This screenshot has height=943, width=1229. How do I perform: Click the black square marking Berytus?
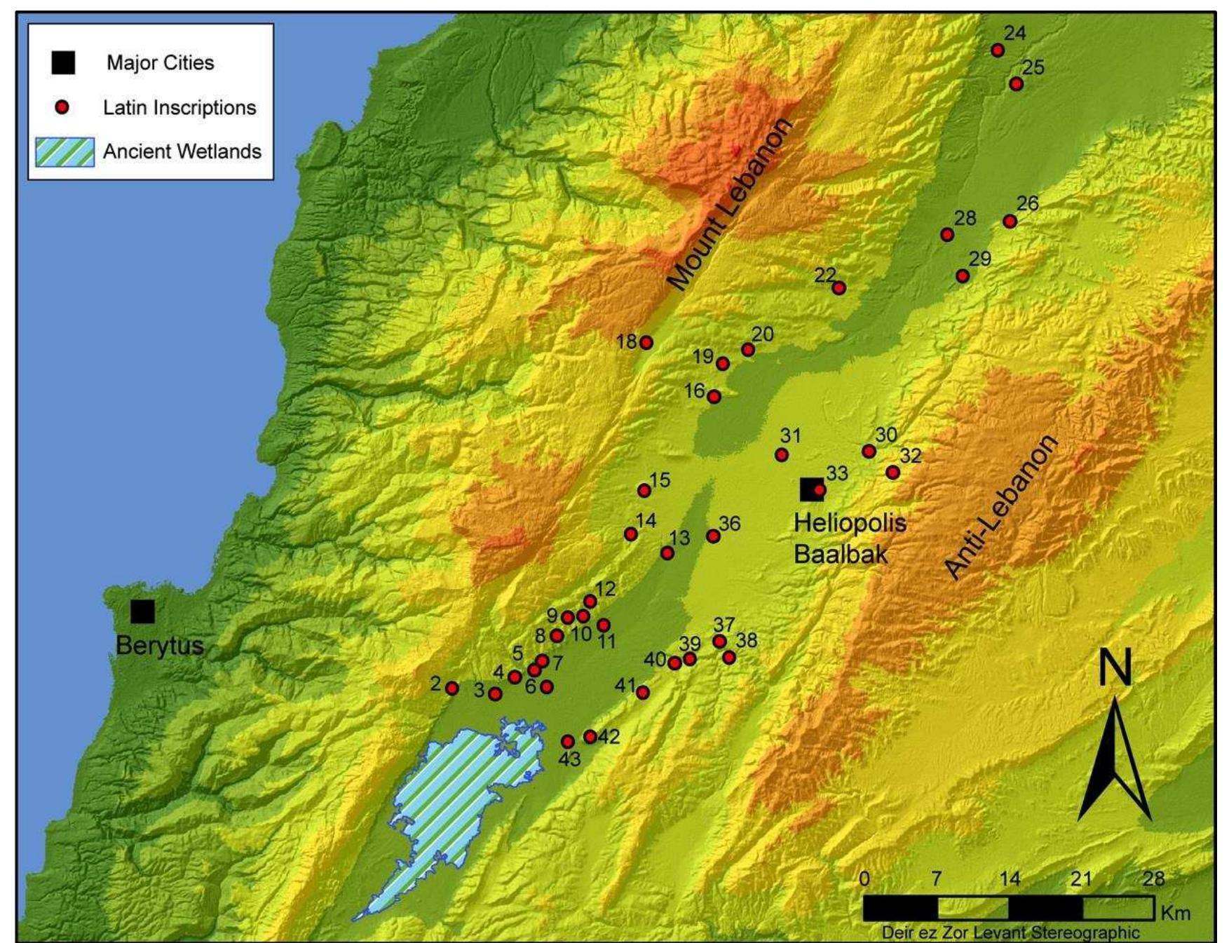click(x=142, y=611)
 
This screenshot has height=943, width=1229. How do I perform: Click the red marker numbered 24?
click(x=998, y=50)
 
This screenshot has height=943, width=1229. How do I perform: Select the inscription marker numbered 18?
click(x=646, y=342)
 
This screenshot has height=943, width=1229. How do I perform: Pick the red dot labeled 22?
click(x=838, y=287)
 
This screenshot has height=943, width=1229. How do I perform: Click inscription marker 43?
click(x=568, y=741)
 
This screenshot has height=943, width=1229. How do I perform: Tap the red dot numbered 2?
click(x=452, y=688)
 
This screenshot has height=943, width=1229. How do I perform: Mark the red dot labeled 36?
click(x=713, y=536)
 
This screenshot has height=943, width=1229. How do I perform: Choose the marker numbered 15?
click(x=644, y=490)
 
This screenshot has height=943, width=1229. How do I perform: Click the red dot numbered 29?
click(x=963, y=276)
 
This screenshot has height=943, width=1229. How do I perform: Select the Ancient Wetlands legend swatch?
click(x=64, y=152)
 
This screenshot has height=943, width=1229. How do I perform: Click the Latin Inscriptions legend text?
click(x=179, y=107)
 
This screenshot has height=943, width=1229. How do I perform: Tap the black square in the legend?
click(x=63, y=62)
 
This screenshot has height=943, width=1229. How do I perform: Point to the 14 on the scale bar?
click(x=1009, y=878)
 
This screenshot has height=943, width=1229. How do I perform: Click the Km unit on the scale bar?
click(x=1175, y=912)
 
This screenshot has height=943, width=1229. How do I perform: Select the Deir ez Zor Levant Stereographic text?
click(x=1010, y=932)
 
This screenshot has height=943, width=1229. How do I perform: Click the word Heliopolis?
click(x=850, y=522)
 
